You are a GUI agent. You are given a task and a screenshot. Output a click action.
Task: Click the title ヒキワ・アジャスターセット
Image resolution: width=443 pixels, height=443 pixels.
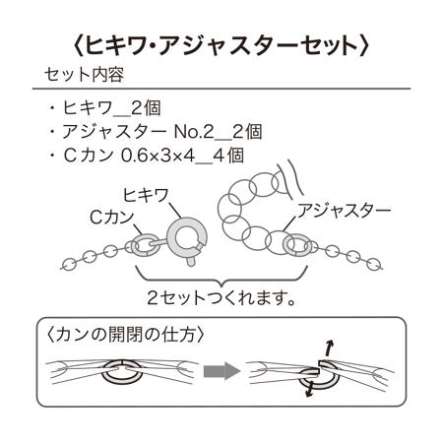point(221,45)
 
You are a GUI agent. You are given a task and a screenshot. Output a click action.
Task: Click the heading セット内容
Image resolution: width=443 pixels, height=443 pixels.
point(85,75)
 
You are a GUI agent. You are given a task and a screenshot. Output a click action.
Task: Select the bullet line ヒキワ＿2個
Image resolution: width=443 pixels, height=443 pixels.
point(105,108)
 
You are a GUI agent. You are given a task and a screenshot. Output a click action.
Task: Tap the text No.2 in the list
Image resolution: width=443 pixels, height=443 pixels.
point(194,132)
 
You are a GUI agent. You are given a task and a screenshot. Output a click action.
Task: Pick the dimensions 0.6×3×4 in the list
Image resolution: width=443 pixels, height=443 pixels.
point(158,156)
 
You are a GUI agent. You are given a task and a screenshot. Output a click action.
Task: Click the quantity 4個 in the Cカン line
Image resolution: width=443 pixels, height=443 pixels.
point(228,156)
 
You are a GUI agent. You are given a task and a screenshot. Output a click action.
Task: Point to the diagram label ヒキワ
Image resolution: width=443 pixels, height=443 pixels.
point(146,195)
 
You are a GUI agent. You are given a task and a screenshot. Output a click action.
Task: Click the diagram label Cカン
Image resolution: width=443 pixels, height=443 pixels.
point(112,217)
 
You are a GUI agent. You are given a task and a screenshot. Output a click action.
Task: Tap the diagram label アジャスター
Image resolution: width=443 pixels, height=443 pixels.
point(344,211)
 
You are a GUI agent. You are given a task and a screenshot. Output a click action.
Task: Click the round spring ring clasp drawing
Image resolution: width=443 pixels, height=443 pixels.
point(170,237)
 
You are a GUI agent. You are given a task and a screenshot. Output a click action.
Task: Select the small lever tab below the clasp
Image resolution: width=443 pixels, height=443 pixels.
point(191,261)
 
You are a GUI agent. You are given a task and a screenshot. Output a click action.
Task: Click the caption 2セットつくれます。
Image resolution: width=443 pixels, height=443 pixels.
point(221,297)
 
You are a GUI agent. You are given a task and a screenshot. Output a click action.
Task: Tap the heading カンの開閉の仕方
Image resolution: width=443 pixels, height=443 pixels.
point(125,335)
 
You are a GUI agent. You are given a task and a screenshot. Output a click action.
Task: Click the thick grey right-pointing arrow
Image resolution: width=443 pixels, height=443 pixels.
point(221,371)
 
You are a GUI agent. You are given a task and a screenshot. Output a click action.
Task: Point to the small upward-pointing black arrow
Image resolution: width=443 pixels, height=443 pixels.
point(329,348)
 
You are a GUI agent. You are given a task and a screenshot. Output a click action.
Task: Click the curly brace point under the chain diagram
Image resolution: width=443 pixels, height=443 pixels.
point(221,284)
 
